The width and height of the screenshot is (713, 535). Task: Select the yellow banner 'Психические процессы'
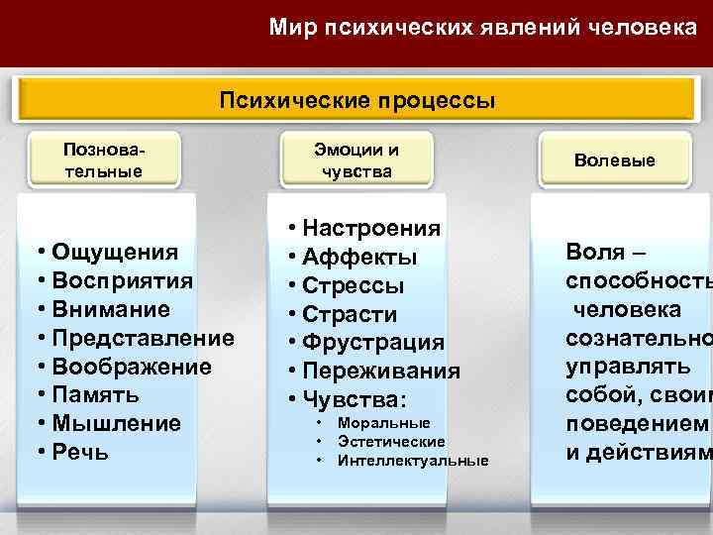pyautogui.click(x=356, y=101)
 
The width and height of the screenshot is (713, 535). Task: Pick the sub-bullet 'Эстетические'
pyautogui.click(x=391, y=442)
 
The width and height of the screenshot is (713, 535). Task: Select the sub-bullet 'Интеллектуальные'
pyautogui.click(x=413, y=461)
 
